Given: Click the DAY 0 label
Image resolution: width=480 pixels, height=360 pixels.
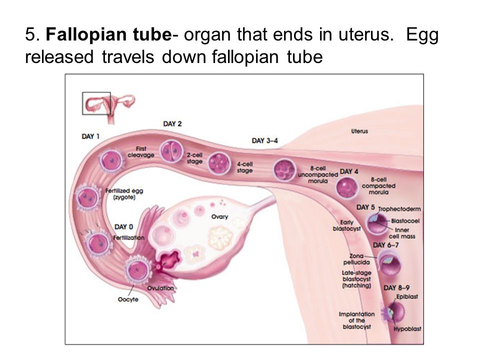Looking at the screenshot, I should (x=123, y=227).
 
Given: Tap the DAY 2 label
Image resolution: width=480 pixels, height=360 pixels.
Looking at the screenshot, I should (x=172, y=123).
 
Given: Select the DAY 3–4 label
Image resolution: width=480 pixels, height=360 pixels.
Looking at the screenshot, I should (x=264, y=140).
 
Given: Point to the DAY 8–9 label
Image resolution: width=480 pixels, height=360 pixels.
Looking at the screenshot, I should (x=396, y=287).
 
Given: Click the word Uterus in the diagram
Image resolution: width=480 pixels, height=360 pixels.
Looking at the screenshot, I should (x=359, y=131).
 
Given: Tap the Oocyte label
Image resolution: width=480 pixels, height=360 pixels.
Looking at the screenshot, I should (x=128, y=299).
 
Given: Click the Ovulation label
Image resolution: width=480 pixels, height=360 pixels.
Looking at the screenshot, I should (x=160, y=288).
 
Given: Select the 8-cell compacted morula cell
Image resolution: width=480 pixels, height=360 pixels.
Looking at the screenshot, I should (x=346, y=188).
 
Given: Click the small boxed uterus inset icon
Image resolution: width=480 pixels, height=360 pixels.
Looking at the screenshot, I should (x=96, y=103).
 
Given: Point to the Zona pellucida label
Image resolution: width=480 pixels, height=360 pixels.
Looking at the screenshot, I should (x=356, y=258).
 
